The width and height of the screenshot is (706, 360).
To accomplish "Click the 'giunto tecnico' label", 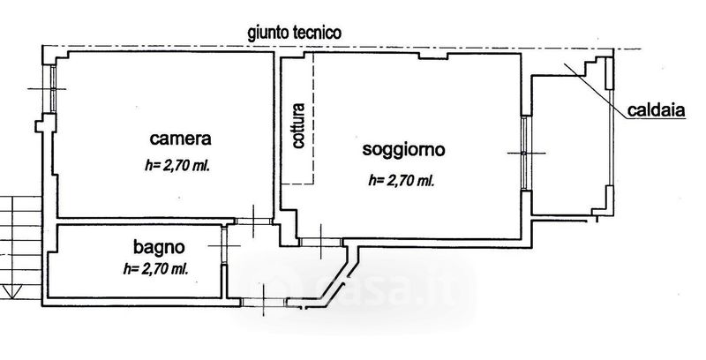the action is pos(294,34).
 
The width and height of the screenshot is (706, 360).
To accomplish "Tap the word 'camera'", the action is pos(181,139).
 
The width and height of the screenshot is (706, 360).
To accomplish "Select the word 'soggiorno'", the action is pos(403,149).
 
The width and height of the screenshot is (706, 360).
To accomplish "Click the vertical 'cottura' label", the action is pos(298,126).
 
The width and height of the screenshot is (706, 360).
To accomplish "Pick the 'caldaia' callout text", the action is pos(657,109).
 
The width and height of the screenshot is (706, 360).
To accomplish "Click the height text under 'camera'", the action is pos(177,166).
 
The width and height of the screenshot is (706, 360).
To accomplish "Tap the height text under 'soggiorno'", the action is pos(402,181).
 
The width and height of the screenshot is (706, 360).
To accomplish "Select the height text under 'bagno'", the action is pos(156,269).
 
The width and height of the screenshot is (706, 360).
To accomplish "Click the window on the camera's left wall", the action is pos(53,88).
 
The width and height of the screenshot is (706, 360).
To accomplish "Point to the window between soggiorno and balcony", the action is pos(524,153).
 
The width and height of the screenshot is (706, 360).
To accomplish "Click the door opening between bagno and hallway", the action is pos(224,245).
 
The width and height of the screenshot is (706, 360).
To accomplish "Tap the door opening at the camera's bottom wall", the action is pos(253,221).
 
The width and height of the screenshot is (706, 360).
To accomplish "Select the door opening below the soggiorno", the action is pos(320,242).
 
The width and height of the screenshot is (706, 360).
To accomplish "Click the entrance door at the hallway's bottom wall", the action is pos(263,303).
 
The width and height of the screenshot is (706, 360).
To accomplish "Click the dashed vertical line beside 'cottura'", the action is pos(313,118).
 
